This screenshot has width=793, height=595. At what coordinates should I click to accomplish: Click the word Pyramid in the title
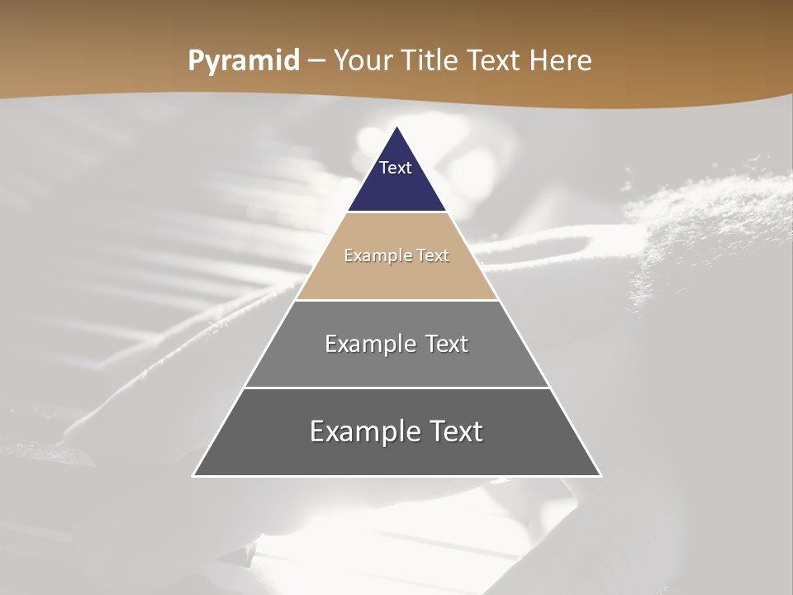click(x=244, y=61)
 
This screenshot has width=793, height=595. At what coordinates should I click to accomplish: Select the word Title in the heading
click(x=430, y=61)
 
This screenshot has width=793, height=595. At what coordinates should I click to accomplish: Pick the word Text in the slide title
click(x=494, y=61)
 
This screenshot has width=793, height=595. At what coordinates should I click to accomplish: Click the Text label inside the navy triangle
click(x=396, y=168)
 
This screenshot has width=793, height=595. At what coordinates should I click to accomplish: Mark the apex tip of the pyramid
click(x=397, y=127)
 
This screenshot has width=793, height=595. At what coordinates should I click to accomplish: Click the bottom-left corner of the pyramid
click(x=194, y=475)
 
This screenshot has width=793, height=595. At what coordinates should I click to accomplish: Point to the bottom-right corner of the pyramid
click(x=601, y=475)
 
